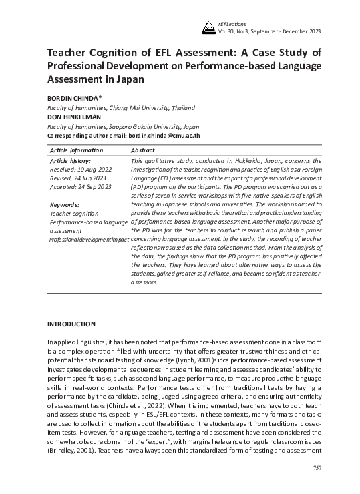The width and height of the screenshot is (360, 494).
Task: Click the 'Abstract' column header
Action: coord(144,151)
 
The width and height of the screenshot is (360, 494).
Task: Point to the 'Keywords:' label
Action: coord(65,204)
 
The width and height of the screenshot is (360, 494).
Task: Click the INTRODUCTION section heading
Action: coord(71,324)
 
